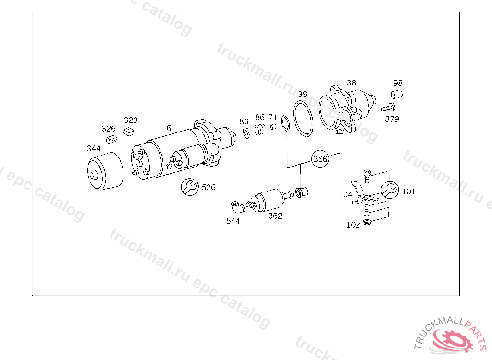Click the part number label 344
(x=94, y=148)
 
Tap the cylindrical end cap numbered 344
(x=105, y=171)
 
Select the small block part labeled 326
(x=111, y=139)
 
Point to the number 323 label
(x=131, y=120)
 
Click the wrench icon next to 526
(x=190, y=187)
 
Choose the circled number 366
(x=320, y=159)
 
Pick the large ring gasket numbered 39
(x=303, y=119)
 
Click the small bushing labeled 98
(x=396, y=94)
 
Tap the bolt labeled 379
(x=388, y=108)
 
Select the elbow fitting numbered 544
(x=238, y=207)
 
